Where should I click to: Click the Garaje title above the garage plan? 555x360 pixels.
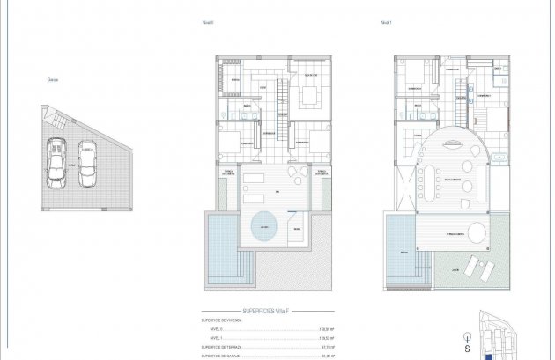pos(52,79)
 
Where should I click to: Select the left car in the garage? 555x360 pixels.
pos(57,164)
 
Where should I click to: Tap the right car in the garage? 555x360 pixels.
pos(87,164)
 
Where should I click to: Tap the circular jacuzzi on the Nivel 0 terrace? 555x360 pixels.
pos(263,228)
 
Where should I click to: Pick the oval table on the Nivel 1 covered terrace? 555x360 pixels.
pos(476,234)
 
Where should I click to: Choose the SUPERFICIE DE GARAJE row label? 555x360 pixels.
pos(225,356)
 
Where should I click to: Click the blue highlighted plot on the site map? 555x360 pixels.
pos(489,356)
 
